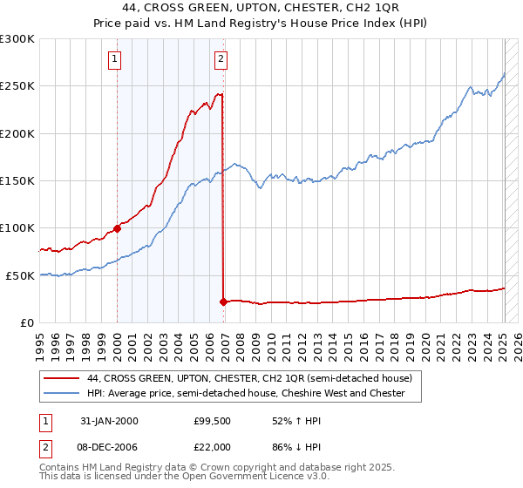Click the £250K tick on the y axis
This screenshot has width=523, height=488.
(17, 86)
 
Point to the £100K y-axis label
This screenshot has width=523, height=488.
(17, 228)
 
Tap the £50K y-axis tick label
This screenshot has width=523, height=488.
(21, 275)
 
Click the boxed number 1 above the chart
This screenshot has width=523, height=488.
(115, 59)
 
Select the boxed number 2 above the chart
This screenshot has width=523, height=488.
(221, 59)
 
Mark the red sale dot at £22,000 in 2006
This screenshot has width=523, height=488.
(223, 302)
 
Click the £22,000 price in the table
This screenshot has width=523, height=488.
(211, 445)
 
